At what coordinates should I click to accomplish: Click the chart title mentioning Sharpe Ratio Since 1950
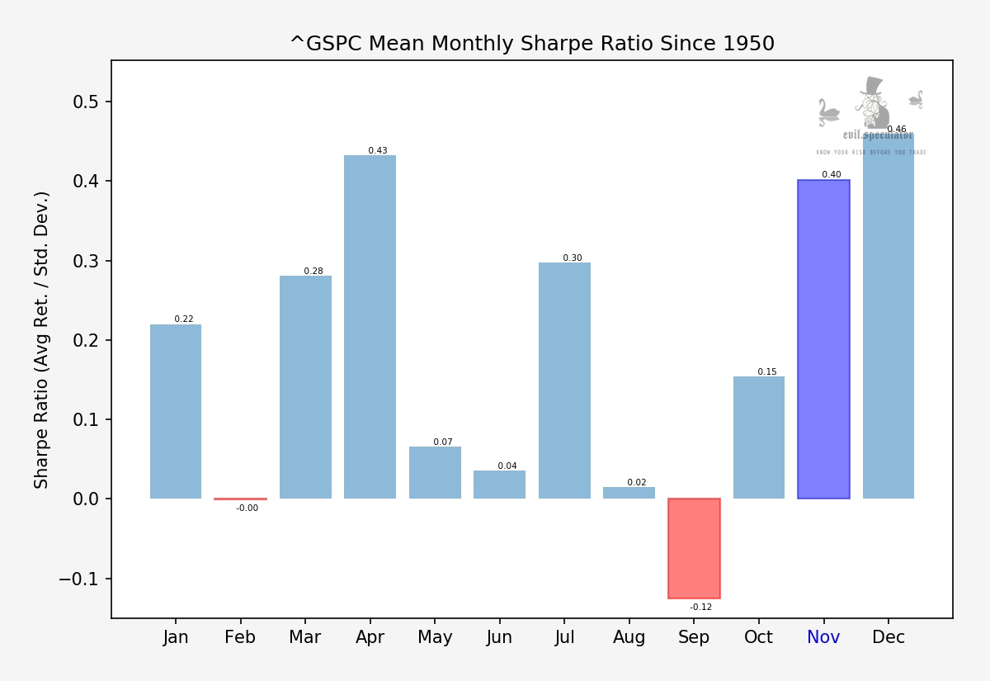point(532,44)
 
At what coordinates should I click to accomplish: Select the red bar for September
point(694,548)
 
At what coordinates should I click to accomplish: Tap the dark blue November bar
point(823,338)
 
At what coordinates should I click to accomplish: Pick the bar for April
point(370,327)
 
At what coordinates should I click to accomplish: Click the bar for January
point(176,411)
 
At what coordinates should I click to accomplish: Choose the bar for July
point(564,381)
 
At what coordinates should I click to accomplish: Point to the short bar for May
point(435,473)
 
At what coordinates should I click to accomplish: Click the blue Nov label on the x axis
point(823,638)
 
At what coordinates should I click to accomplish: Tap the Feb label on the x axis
point(240,638)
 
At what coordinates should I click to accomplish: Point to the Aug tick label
point(629,638)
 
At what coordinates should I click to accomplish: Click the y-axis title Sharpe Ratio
point(42,339)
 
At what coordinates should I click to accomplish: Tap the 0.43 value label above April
point(378,150)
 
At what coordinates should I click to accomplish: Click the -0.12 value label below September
point(700,608)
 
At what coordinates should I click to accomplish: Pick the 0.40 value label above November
point(831,174)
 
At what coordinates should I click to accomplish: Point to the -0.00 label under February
point(247,508)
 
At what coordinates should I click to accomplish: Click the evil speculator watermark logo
point(871,116)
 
